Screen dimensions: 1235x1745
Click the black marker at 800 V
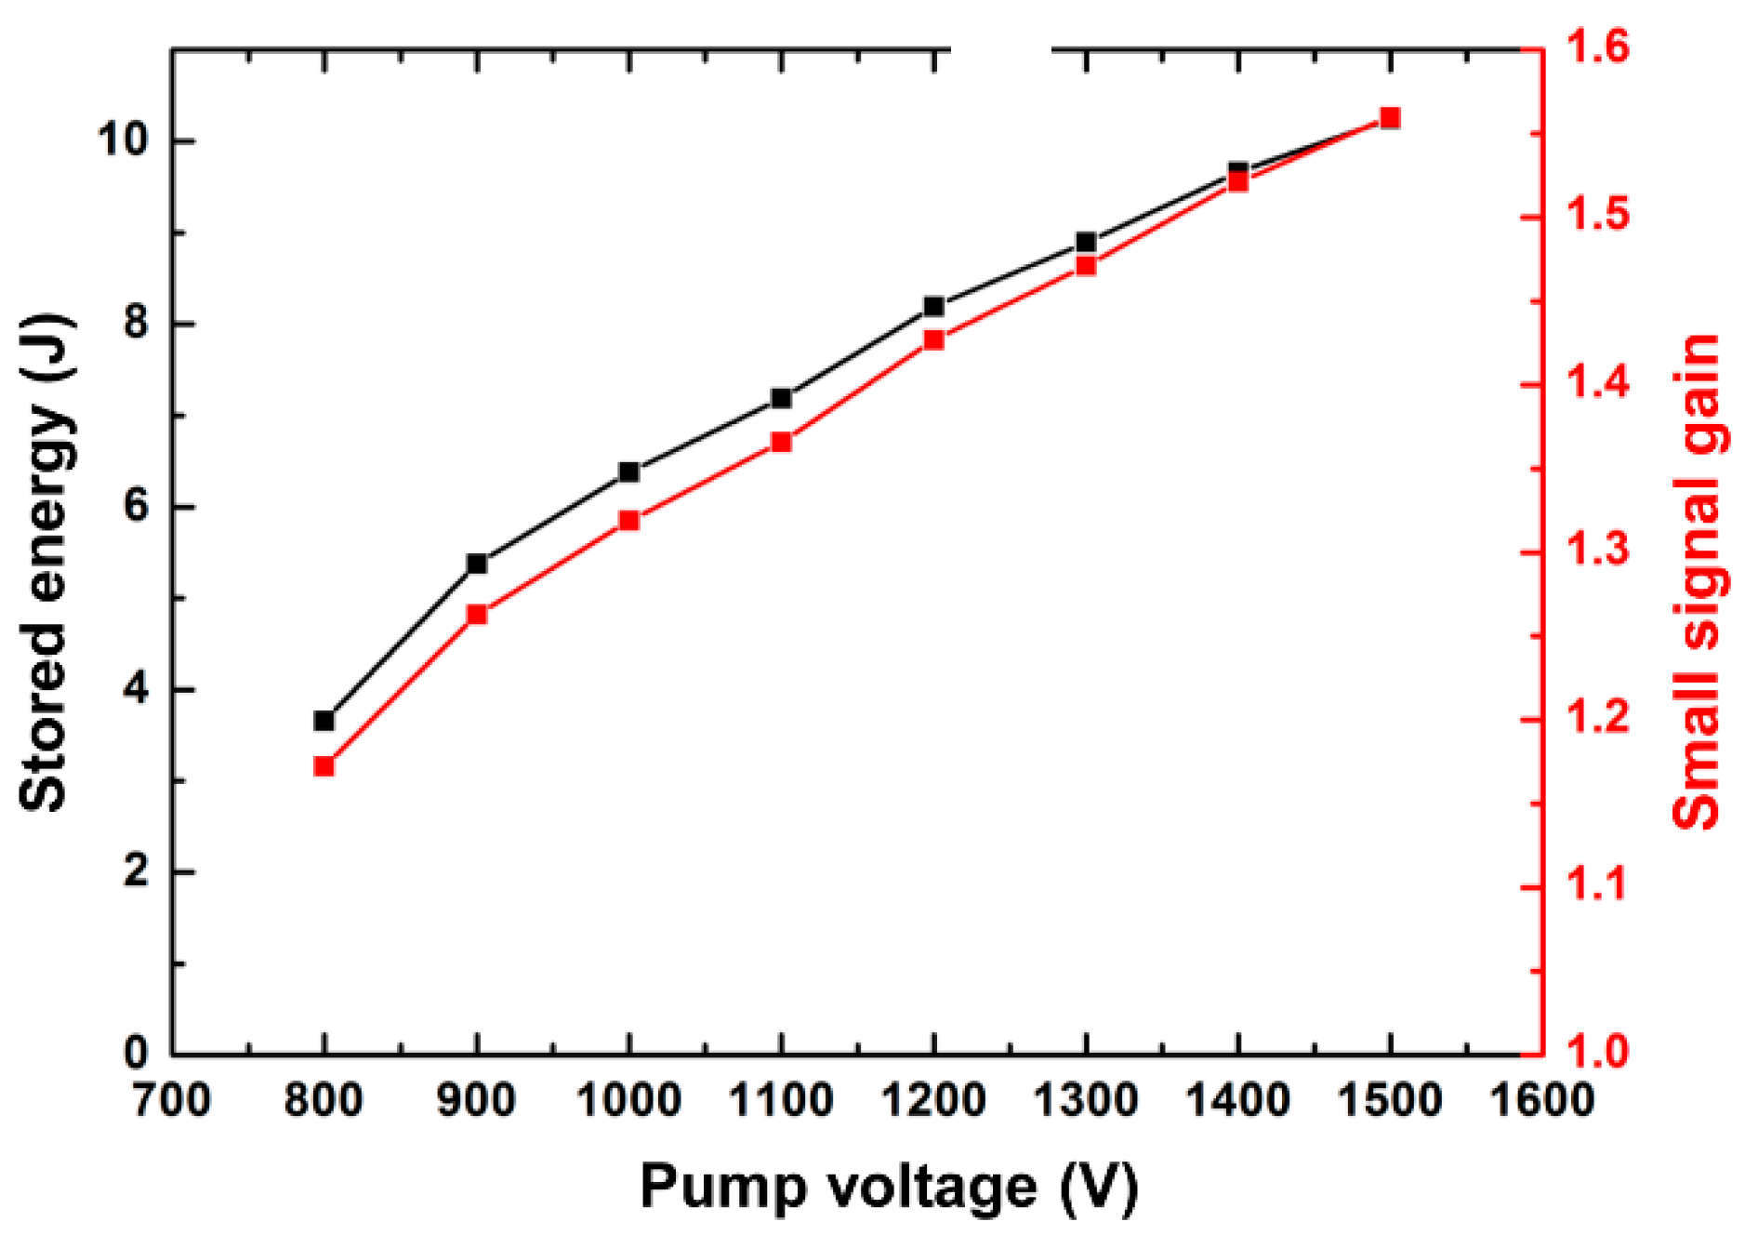(324, 721)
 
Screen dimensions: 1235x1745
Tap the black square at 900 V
(477, 564)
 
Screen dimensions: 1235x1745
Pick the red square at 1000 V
(629, 521)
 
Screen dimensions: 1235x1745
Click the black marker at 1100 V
(781, 399)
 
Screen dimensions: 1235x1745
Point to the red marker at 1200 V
(934, 340)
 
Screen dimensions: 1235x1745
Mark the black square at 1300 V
(1086, 243)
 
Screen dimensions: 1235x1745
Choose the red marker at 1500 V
(1390, 118)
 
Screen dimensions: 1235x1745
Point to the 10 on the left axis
(123, 140)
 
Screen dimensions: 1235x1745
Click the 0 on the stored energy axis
(136, 1054)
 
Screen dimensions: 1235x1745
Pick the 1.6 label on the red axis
(1598, 46)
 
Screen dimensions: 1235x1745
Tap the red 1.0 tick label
(1598, 1052)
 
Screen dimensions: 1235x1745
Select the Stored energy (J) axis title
(45, 564)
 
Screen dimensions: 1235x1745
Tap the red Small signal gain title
(1695, 581)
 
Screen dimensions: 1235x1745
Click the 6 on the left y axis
(136, 507)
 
